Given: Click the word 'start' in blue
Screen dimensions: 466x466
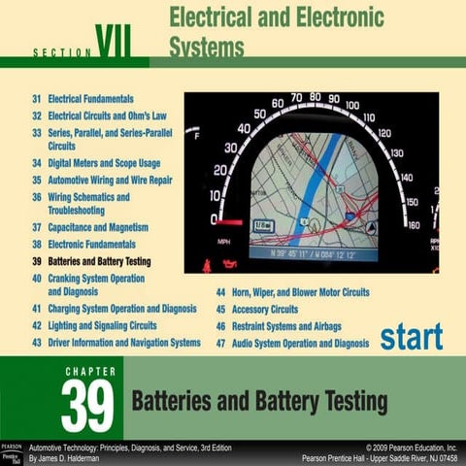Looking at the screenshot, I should click(411, 336).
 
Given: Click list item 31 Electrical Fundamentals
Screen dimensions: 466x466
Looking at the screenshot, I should click(89, 99).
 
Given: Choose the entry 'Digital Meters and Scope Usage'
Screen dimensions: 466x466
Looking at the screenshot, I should click(96, 163).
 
